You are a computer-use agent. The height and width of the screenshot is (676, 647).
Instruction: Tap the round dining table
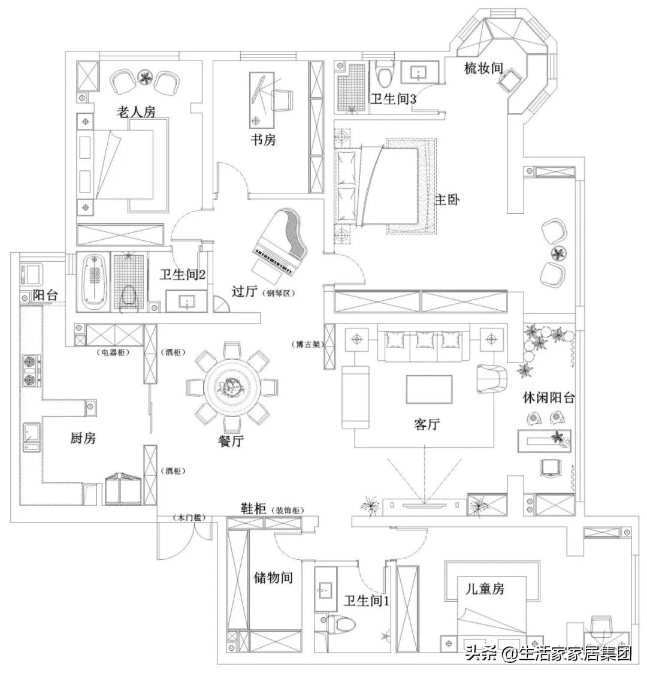(x=232, y=386)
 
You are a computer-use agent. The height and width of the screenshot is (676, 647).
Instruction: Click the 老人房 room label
(x=136, y=112)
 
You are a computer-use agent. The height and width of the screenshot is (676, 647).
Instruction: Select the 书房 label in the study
(x=264, y=140)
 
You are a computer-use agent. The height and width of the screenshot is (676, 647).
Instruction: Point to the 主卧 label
(x=447, y=200)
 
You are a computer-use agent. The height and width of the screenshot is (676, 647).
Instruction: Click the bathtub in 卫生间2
(x=94, y=282)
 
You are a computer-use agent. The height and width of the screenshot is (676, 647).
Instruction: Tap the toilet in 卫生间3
(x=385, y=73)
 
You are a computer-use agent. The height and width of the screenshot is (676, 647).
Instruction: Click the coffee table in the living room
(x=430, y=389)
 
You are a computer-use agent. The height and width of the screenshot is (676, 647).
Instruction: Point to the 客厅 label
(x=427, y=424)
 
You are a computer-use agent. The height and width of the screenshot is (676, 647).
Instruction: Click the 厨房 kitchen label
(x=83, y=438)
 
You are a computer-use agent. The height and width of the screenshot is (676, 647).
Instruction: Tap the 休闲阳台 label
(x=549, y=397)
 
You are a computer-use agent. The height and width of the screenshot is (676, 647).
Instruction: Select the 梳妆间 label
(x=483, y=68)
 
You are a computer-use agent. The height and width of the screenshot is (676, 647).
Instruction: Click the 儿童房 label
(x=485, y=589)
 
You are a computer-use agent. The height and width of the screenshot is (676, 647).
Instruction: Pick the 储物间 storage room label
(x=273, y=577)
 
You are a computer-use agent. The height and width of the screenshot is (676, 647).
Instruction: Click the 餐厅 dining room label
(x=231, y=440)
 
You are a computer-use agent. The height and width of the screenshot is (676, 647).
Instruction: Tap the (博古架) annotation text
(x=306, y=345)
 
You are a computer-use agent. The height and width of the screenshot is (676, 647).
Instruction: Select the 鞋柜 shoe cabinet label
(x=253, y=509)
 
